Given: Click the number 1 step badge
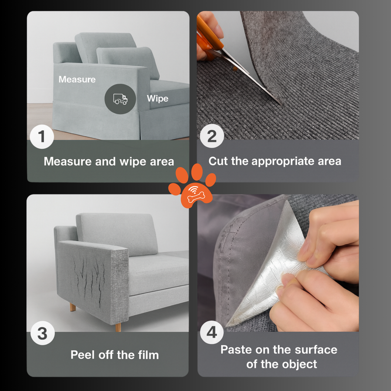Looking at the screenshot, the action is click(42, 137).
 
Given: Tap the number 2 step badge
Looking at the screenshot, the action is click(212, 136).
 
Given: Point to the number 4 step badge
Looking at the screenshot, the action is click(212, 333).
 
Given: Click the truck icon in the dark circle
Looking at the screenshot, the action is click(120, 99).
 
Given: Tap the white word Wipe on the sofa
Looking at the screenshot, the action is click(158, 98).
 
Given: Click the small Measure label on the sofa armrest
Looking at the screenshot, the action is click(77, 79).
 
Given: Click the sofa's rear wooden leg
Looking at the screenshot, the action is click(73, 307).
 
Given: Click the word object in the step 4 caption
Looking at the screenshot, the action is click(299, 365).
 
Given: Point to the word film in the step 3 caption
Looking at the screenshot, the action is click(148, 355).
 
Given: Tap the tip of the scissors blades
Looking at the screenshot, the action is click(282, 105).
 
